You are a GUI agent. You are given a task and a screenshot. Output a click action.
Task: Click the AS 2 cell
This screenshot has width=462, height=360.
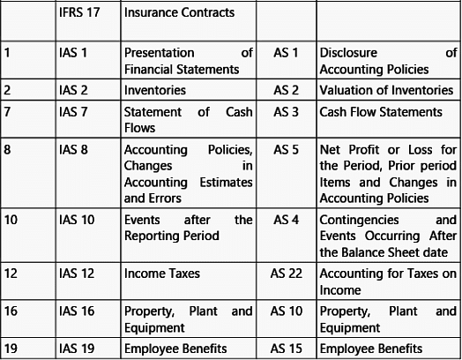(286, 90)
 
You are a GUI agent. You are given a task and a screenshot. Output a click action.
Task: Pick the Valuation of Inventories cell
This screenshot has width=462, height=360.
(386, 90)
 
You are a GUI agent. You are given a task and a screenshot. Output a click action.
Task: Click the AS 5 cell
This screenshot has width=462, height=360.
(286, 150)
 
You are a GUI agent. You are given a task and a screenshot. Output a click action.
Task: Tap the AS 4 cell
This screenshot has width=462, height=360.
(286, 220)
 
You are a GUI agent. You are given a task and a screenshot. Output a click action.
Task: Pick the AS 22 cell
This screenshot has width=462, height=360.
(286, 274)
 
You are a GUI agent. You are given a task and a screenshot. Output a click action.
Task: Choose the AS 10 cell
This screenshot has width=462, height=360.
(286, 311)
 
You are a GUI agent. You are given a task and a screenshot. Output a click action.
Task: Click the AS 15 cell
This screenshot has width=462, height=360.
(286, 349)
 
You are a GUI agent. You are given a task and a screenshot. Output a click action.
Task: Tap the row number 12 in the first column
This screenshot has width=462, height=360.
(11, 274)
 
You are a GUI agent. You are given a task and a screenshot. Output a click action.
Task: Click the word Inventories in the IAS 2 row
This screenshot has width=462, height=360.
(154, 90)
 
